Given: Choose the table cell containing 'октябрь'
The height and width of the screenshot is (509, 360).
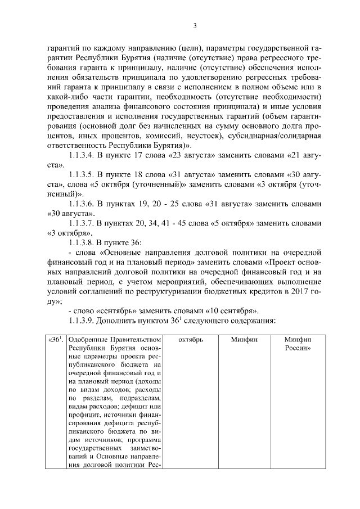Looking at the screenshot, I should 190,340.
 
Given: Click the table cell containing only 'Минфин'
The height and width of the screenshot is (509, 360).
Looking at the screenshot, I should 244,340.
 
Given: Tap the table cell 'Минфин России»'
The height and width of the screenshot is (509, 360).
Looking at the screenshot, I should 297,344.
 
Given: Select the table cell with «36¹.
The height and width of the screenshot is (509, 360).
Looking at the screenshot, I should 55,340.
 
